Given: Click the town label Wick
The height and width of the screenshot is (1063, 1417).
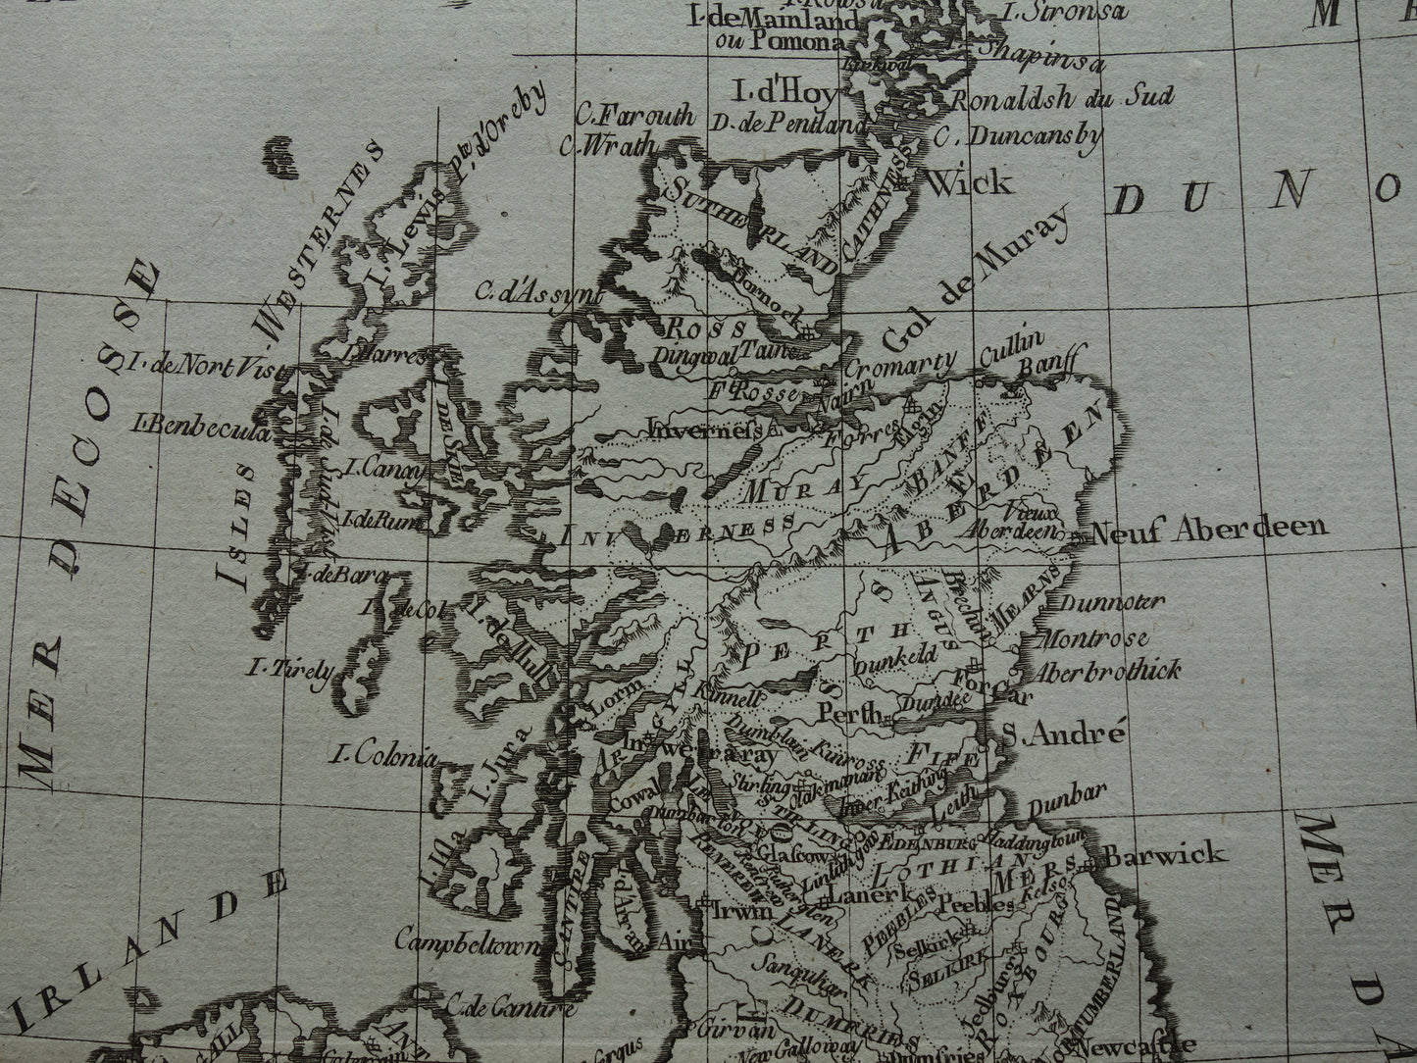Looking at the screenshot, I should (x=967, y=182).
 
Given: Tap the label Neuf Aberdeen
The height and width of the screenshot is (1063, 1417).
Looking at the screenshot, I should (x=1208, y=530).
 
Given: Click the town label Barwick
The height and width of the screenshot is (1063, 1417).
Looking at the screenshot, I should (x=1163, y=853).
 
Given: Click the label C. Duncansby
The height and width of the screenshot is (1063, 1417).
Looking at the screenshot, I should (x=1018, y=136).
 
